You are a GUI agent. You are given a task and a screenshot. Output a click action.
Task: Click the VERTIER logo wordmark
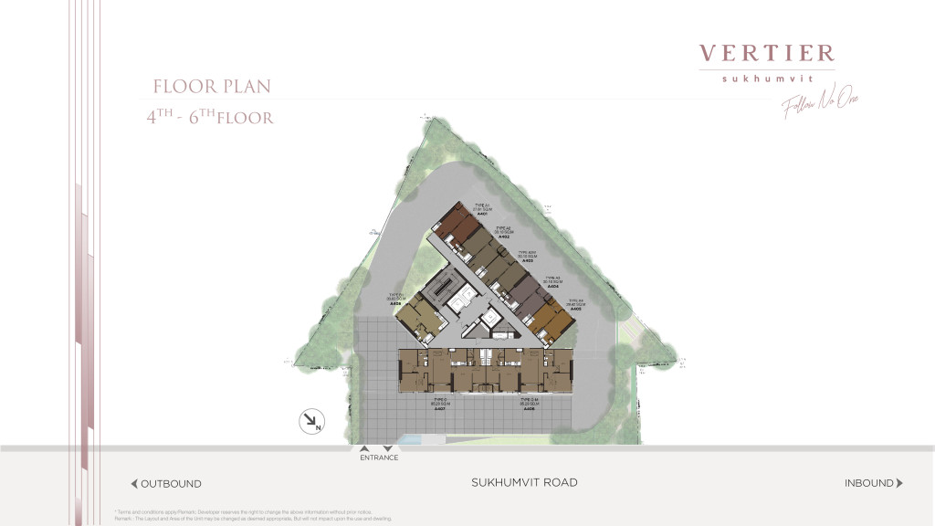(766, 54)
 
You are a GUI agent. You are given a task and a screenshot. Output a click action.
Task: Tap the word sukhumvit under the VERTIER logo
(766, 79)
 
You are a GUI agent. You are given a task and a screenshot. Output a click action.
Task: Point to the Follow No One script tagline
(820, 105)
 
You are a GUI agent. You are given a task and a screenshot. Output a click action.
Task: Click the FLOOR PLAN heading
(212, 87)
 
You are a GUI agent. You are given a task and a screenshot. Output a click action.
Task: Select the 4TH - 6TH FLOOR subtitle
(210, 117)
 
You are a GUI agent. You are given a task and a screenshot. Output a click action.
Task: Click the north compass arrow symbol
(312, 422)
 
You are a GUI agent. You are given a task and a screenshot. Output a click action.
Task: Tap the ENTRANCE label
(379, 458)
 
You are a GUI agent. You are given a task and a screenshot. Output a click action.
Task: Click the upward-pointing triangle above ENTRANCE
(364, 448)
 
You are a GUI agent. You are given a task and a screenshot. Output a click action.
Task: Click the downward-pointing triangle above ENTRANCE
(387, 448)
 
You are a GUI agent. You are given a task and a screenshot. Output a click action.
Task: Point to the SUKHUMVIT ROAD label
(524, 482)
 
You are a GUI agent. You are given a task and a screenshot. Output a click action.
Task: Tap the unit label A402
(502, 237)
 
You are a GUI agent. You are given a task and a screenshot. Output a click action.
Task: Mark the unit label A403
(527, 260)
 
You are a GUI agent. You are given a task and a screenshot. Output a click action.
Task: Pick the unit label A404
(552, 287)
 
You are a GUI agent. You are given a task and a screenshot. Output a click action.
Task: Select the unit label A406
(396, 303)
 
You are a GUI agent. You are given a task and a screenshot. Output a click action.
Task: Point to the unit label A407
(438, 408)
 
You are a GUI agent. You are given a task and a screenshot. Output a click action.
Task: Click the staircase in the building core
(442, 290)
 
